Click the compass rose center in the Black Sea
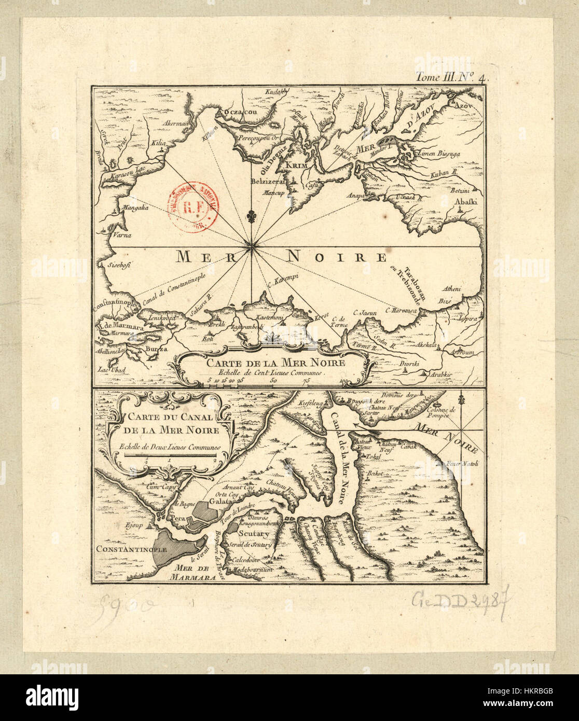pos(252,247)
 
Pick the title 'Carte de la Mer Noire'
pos(275,363)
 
